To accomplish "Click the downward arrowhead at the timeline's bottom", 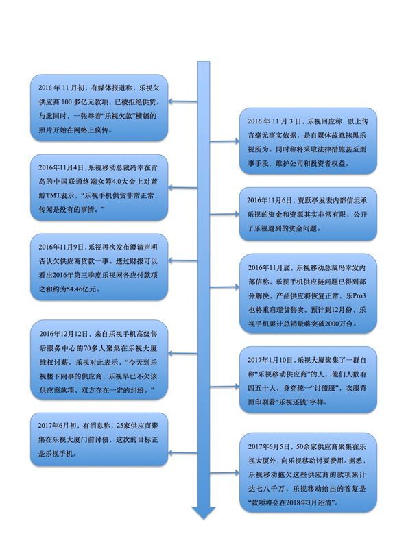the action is click(204, 513).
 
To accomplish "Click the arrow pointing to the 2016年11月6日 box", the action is click(224, 214).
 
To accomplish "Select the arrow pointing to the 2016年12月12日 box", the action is click(182, 353).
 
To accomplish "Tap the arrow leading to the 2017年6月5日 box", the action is click(224, 472).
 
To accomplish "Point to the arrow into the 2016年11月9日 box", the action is click(182, 260).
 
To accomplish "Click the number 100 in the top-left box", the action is click(67, 102).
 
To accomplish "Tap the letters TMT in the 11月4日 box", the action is click(53, 196).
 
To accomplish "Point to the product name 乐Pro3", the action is click(356, 295).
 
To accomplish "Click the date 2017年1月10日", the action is click(270, 360).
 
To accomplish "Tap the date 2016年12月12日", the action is click(63, 334).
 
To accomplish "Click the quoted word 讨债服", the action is click(324, 388).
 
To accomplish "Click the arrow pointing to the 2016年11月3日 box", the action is click(224, 141).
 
